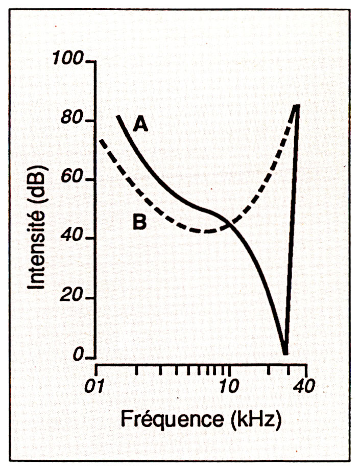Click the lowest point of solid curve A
(x=285, y=353)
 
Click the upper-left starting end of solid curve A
(x=118, y=116)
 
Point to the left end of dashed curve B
(x=100, y=139)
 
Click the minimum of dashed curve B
(x=204, y=231)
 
